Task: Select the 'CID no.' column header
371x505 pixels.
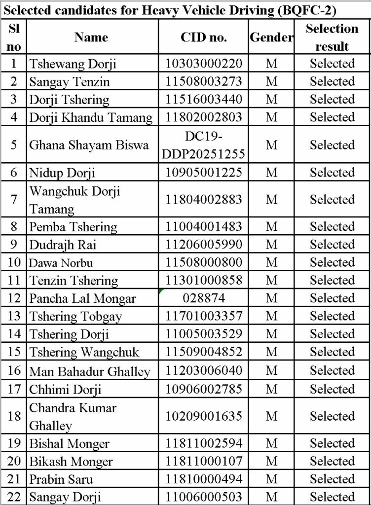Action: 204,37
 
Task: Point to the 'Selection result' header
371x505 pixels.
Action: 332,37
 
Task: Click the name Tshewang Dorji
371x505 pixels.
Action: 73,64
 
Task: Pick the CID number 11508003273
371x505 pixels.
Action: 204,81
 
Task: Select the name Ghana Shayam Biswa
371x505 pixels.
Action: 89,145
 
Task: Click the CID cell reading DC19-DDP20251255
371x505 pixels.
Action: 204,145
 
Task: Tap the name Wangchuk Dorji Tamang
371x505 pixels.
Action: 74,200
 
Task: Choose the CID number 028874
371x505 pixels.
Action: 204,298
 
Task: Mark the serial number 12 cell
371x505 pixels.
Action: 14,298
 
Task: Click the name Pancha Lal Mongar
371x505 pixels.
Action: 82,298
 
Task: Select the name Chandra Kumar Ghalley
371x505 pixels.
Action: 73,417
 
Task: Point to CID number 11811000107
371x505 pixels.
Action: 204,461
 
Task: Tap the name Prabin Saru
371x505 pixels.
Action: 61,479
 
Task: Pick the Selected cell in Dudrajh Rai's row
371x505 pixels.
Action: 332,245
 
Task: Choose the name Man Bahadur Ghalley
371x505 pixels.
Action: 90,371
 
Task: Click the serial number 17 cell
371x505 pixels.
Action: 14,390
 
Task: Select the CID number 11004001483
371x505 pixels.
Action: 204,227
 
